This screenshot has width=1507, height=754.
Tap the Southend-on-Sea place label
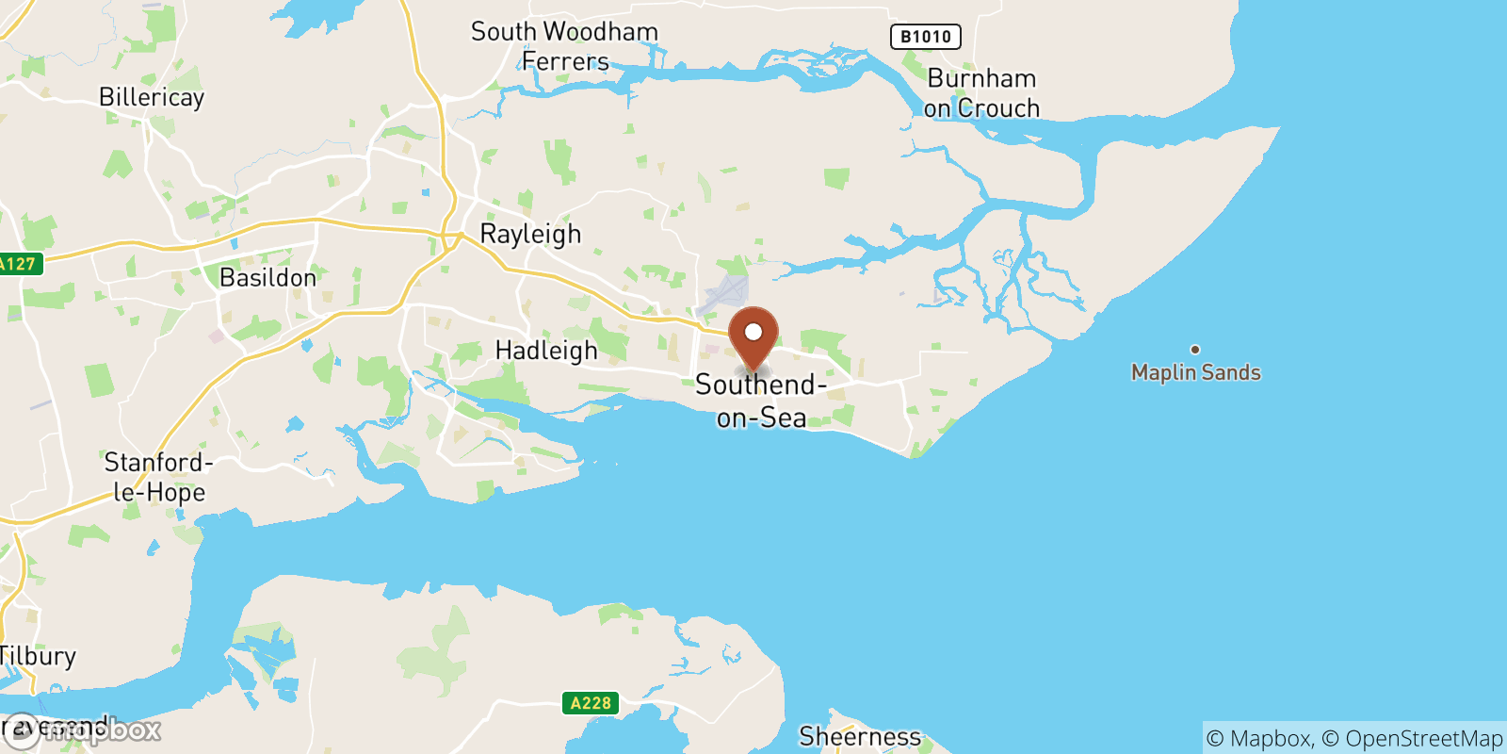(x=761, y=401)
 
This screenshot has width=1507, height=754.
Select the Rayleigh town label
(x=530, y=234)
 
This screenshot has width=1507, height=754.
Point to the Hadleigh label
(x=546, y=351)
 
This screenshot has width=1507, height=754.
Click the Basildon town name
(x=267, y=278)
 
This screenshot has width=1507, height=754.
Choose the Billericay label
(x=152, y=97)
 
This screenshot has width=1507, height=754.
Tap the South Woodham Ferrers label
(x=565, y=46)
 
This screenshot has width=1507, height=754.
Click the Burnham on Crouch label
(x=981, y=93)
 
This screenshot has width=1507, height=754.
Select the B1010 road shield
(x=925, y=37)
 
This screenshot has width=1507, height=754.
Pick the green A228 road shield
(x=591, y=703)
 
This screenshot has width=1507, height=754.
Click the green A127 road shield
(x=19, y=264)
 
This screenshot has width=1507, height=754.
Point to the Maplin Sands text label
(x=1195, y=372)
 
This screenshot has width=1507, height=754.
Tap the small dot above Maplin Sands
(x=1195, y=350)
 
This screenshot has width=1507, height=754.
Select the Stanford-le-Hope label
(x=158, y=477)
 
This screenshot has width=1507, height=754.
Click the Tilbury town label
(x=38, y=656)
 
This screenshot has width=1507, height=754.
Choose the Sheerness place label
(x=860, y=736)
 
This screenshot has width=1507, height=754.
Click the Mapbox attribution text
(x=1258, y=739)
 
